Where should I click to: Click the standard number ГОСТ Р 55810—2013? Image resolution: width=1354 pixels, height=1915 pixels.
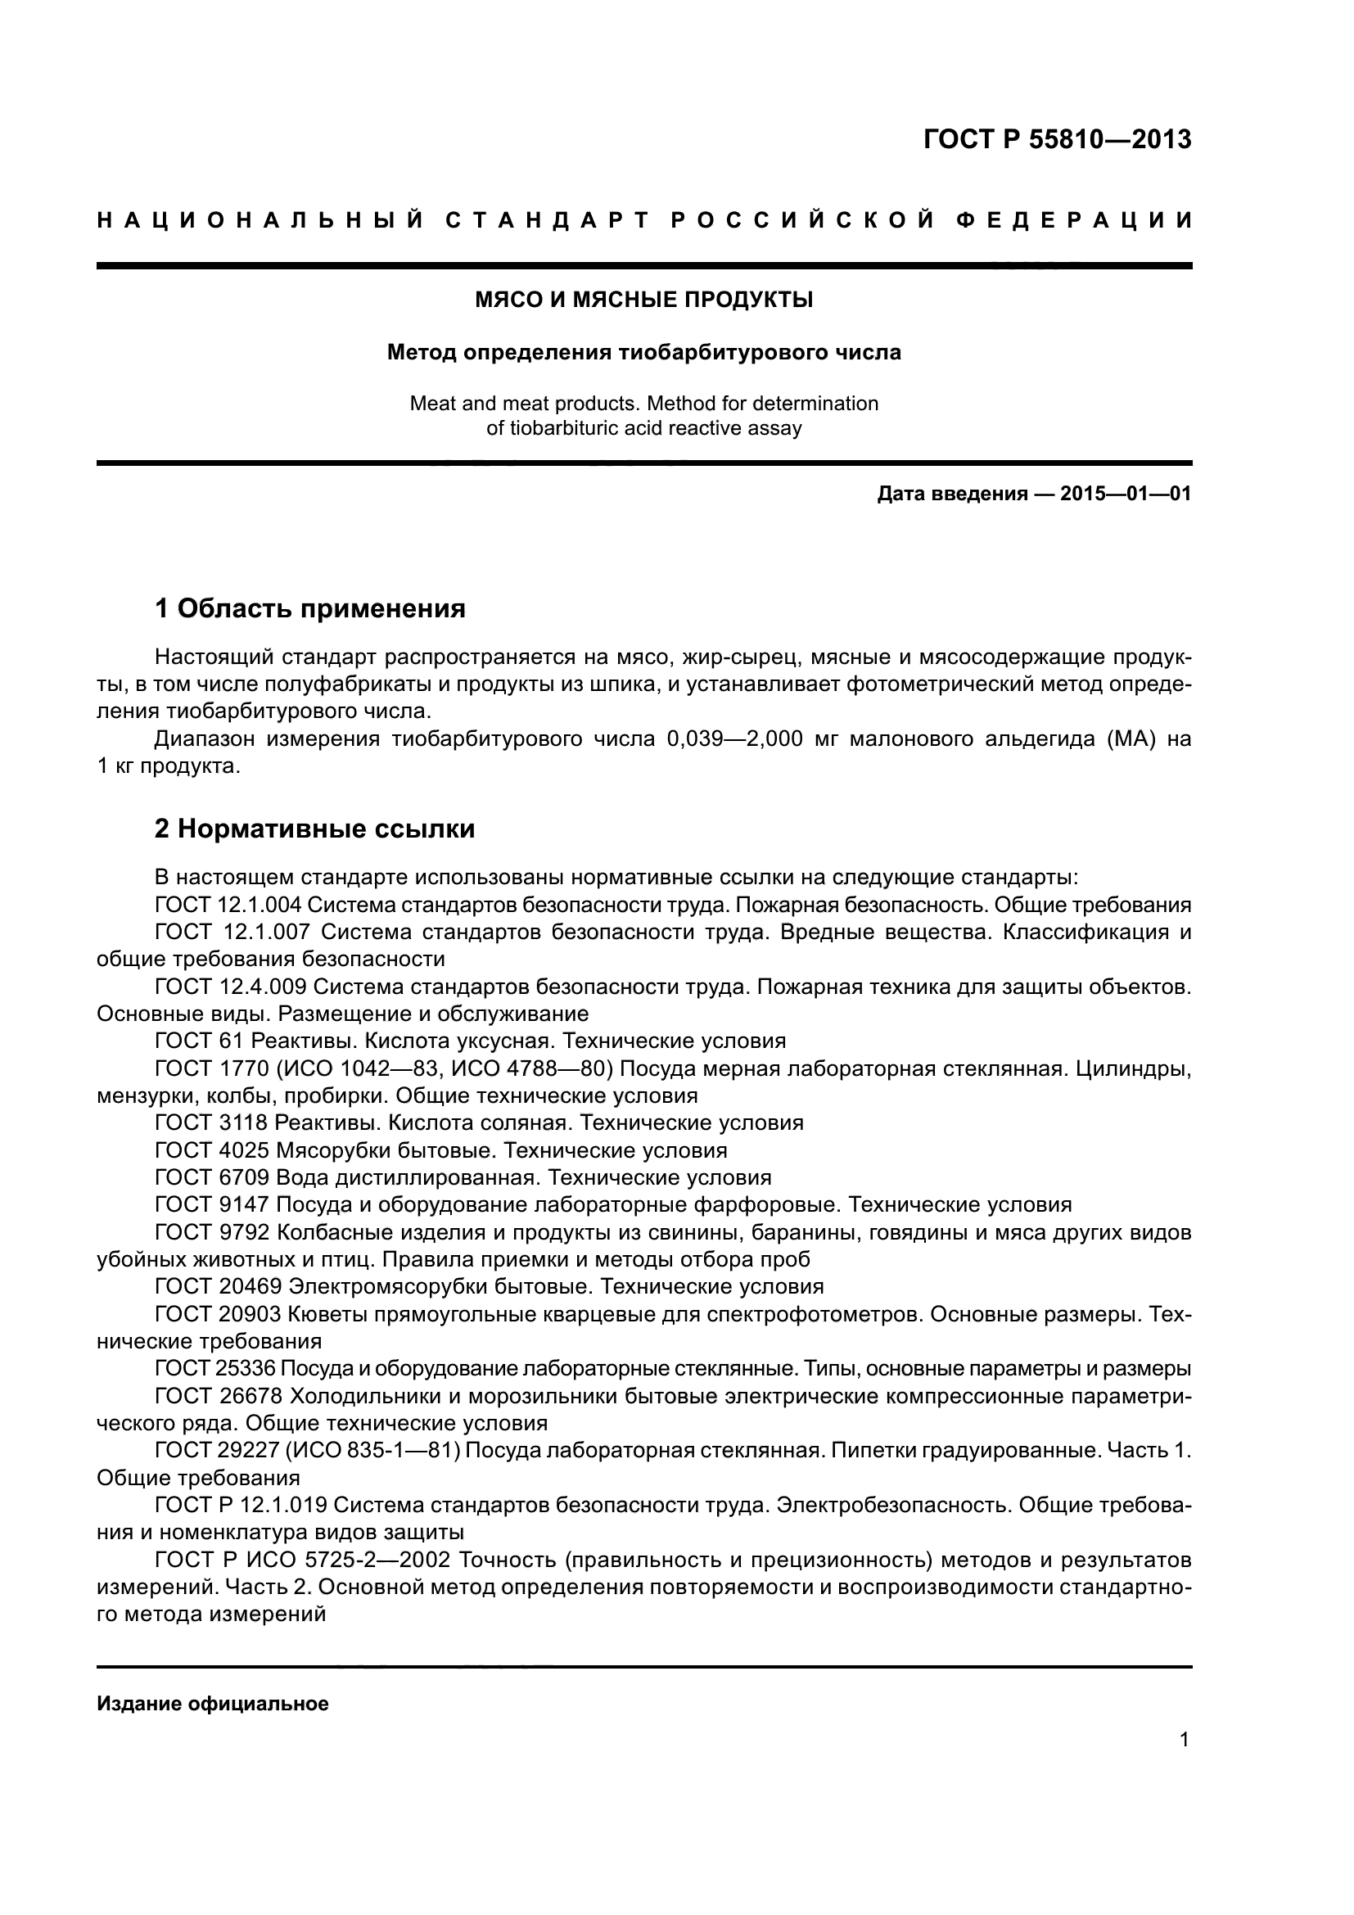tap(1057, 139)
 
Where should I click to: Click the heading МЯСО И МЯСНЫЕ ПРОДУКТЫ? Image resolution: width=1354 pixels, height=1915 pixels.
tap(643, 300)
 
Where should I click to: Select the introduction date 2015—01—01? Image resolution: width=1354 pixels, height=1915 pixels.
tap(1125, 494)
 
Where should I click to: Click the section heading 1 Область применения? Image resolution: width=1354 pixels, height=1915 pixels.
tap(310, 609)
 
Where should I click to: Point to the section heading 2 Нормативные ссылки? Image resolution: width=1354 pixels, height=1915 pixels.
tap(315, 829)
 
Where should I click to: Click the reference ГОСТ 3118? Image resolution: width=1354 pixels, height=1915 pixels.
tap(212, 1122)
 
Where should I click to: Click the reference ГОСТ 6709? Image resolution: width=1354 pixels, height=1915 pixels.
tap(212, 1177)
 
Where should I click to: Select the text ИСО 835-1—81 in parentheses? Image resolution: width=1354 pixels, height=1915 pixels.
tap(372, 1451)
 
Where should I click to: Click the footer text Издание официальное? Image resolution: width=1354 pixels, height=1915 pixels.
tap(213, 1703)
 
